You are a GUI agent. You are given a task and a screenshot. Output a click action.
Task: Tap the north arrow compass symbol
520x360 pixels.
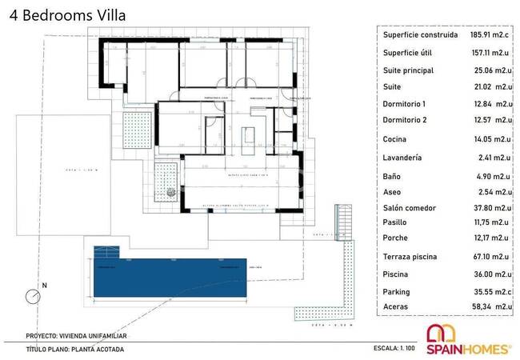[x=34, y=296]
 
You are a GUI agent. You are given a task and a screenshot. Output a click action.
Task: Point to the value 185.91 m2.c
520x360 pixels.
[x=491, y=35]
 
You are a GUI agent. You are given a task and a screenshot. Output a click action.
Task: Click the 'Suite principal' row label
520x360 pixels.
[x=408, y=70]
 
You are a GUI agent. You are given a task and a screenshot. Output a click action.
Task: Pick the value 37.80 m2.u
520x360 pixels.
[x=491, y=207]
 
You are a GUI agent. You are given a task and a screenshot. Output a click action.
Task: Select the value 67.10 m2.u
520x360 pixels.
[x=491, y=256]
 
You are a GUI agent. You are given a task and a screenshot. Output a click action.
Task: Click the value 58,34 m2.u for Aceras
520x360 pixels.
[x=491, y=306]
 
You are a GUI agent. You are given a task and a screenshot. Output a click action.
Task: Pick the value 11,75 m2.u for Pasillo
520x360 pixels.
[x=491, y=222]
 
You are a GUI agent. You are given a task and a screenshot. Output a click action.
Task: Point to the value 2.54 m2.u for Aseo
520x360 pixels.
[x=491, y=192]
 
